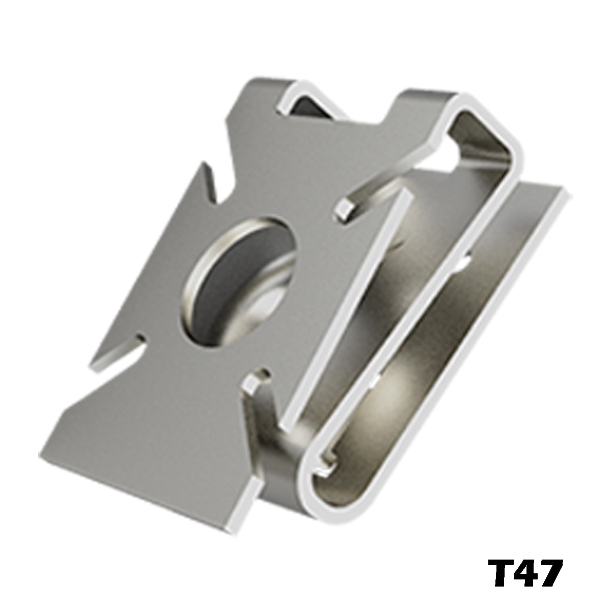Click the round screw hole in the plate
point(239,282)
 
